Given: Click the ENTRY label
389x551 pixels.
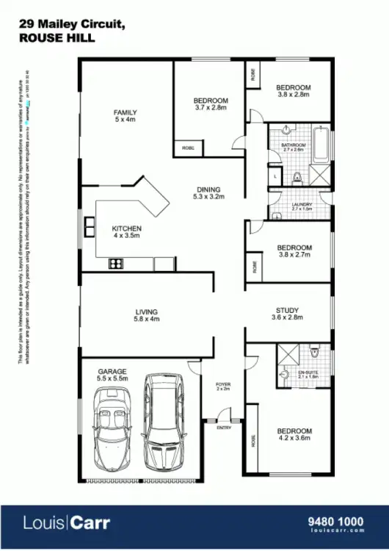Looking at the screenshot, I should [223, 428].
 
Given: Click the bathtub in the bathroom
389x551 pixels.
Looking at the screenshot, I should [321, 145].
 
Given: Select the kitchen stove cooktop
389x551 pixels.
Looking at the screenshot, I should [116, 263].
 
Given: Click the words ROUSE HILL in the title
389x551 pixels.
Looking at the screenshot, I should [57, 38].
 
